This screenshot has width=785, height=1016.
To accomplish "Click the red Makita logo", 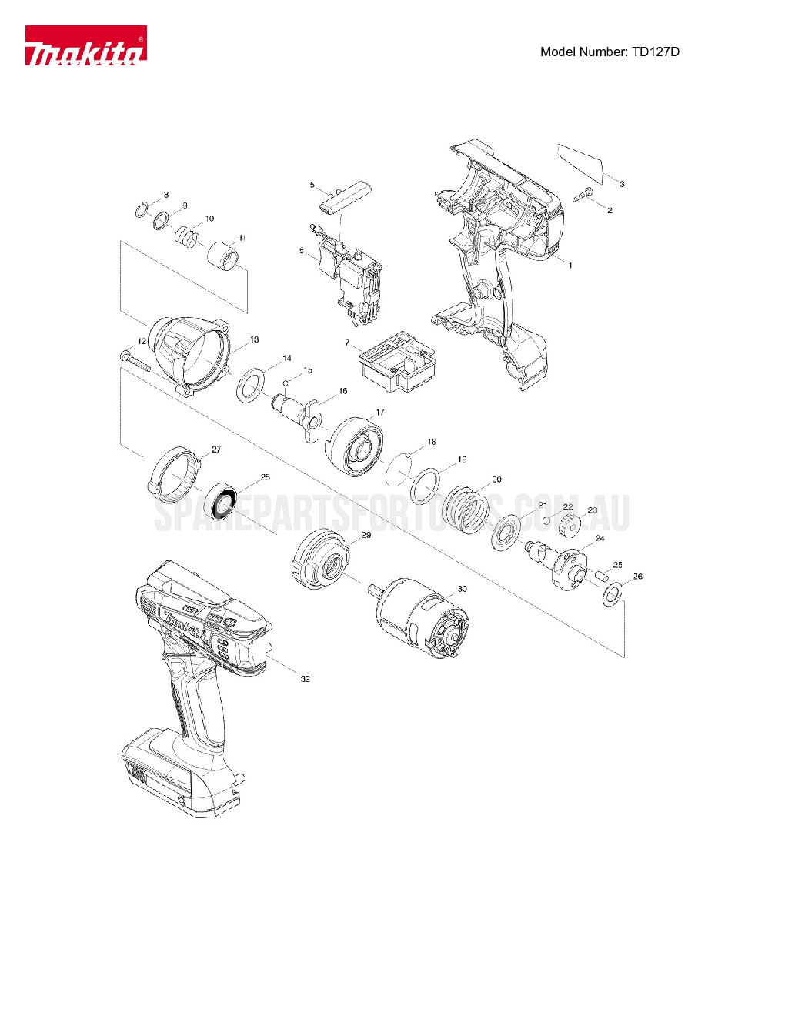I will pos(85,45).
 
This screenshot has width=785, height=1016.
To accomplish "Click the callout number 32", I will pos(306,679).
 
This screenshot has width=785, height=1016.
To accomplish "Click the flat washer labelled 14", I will pos(250,384).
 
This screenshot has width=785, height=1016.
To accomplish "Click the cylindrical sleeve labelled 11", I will pos(223,257).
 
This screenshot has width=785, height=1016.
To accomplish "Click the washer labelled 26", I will pos(613,594).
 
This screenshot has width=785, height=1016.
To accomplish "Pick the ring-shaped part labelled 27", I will pos(174,473).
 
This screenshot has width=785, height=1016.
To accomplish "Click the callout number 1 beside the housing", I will pos(570,266).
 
